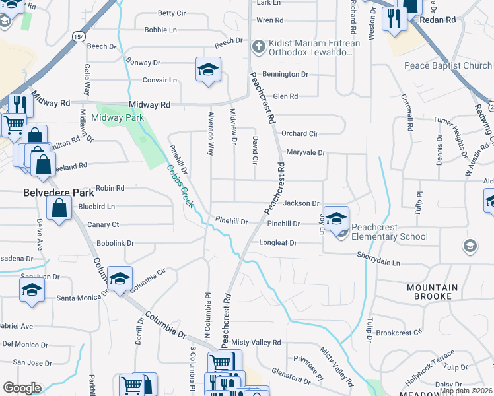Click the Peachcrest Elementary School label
tap(389, 231)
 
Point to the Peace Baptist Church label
tap(448, 66)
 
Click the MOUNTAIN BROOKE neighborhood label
tap(433, 292)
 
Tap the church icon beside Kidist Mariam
tap(259, 48)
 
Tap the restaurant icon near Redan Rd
tap(395, 19)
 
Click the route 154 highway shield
tap(79, 36)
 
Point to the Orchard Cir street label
tap(300, 133)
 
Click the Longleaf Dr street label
tap(278, 243)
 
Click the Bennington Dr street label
tap(285, 75)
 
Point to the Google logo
tap(22, 388)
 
